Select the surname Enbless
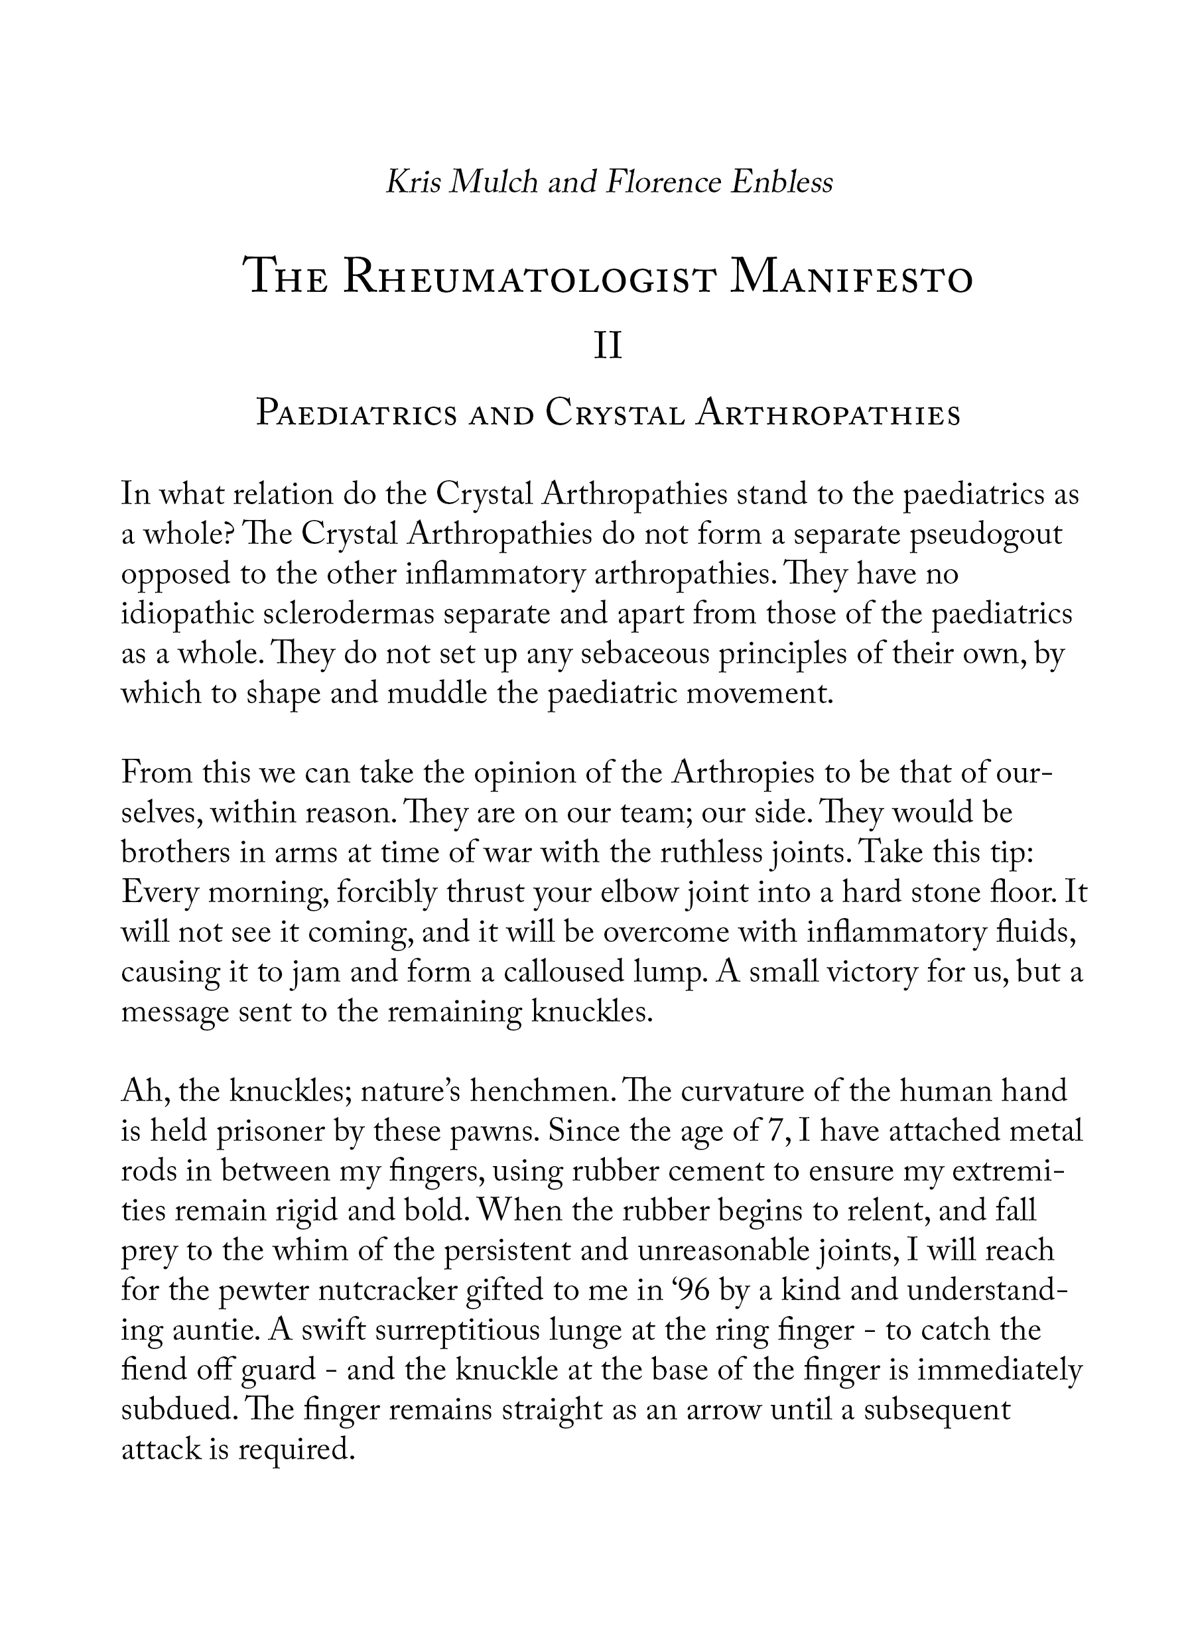click(781, 182)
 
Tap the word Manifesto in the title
click(852, 279)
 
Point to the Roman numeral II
click(608, 348)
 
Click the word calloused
click(554, 972)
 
